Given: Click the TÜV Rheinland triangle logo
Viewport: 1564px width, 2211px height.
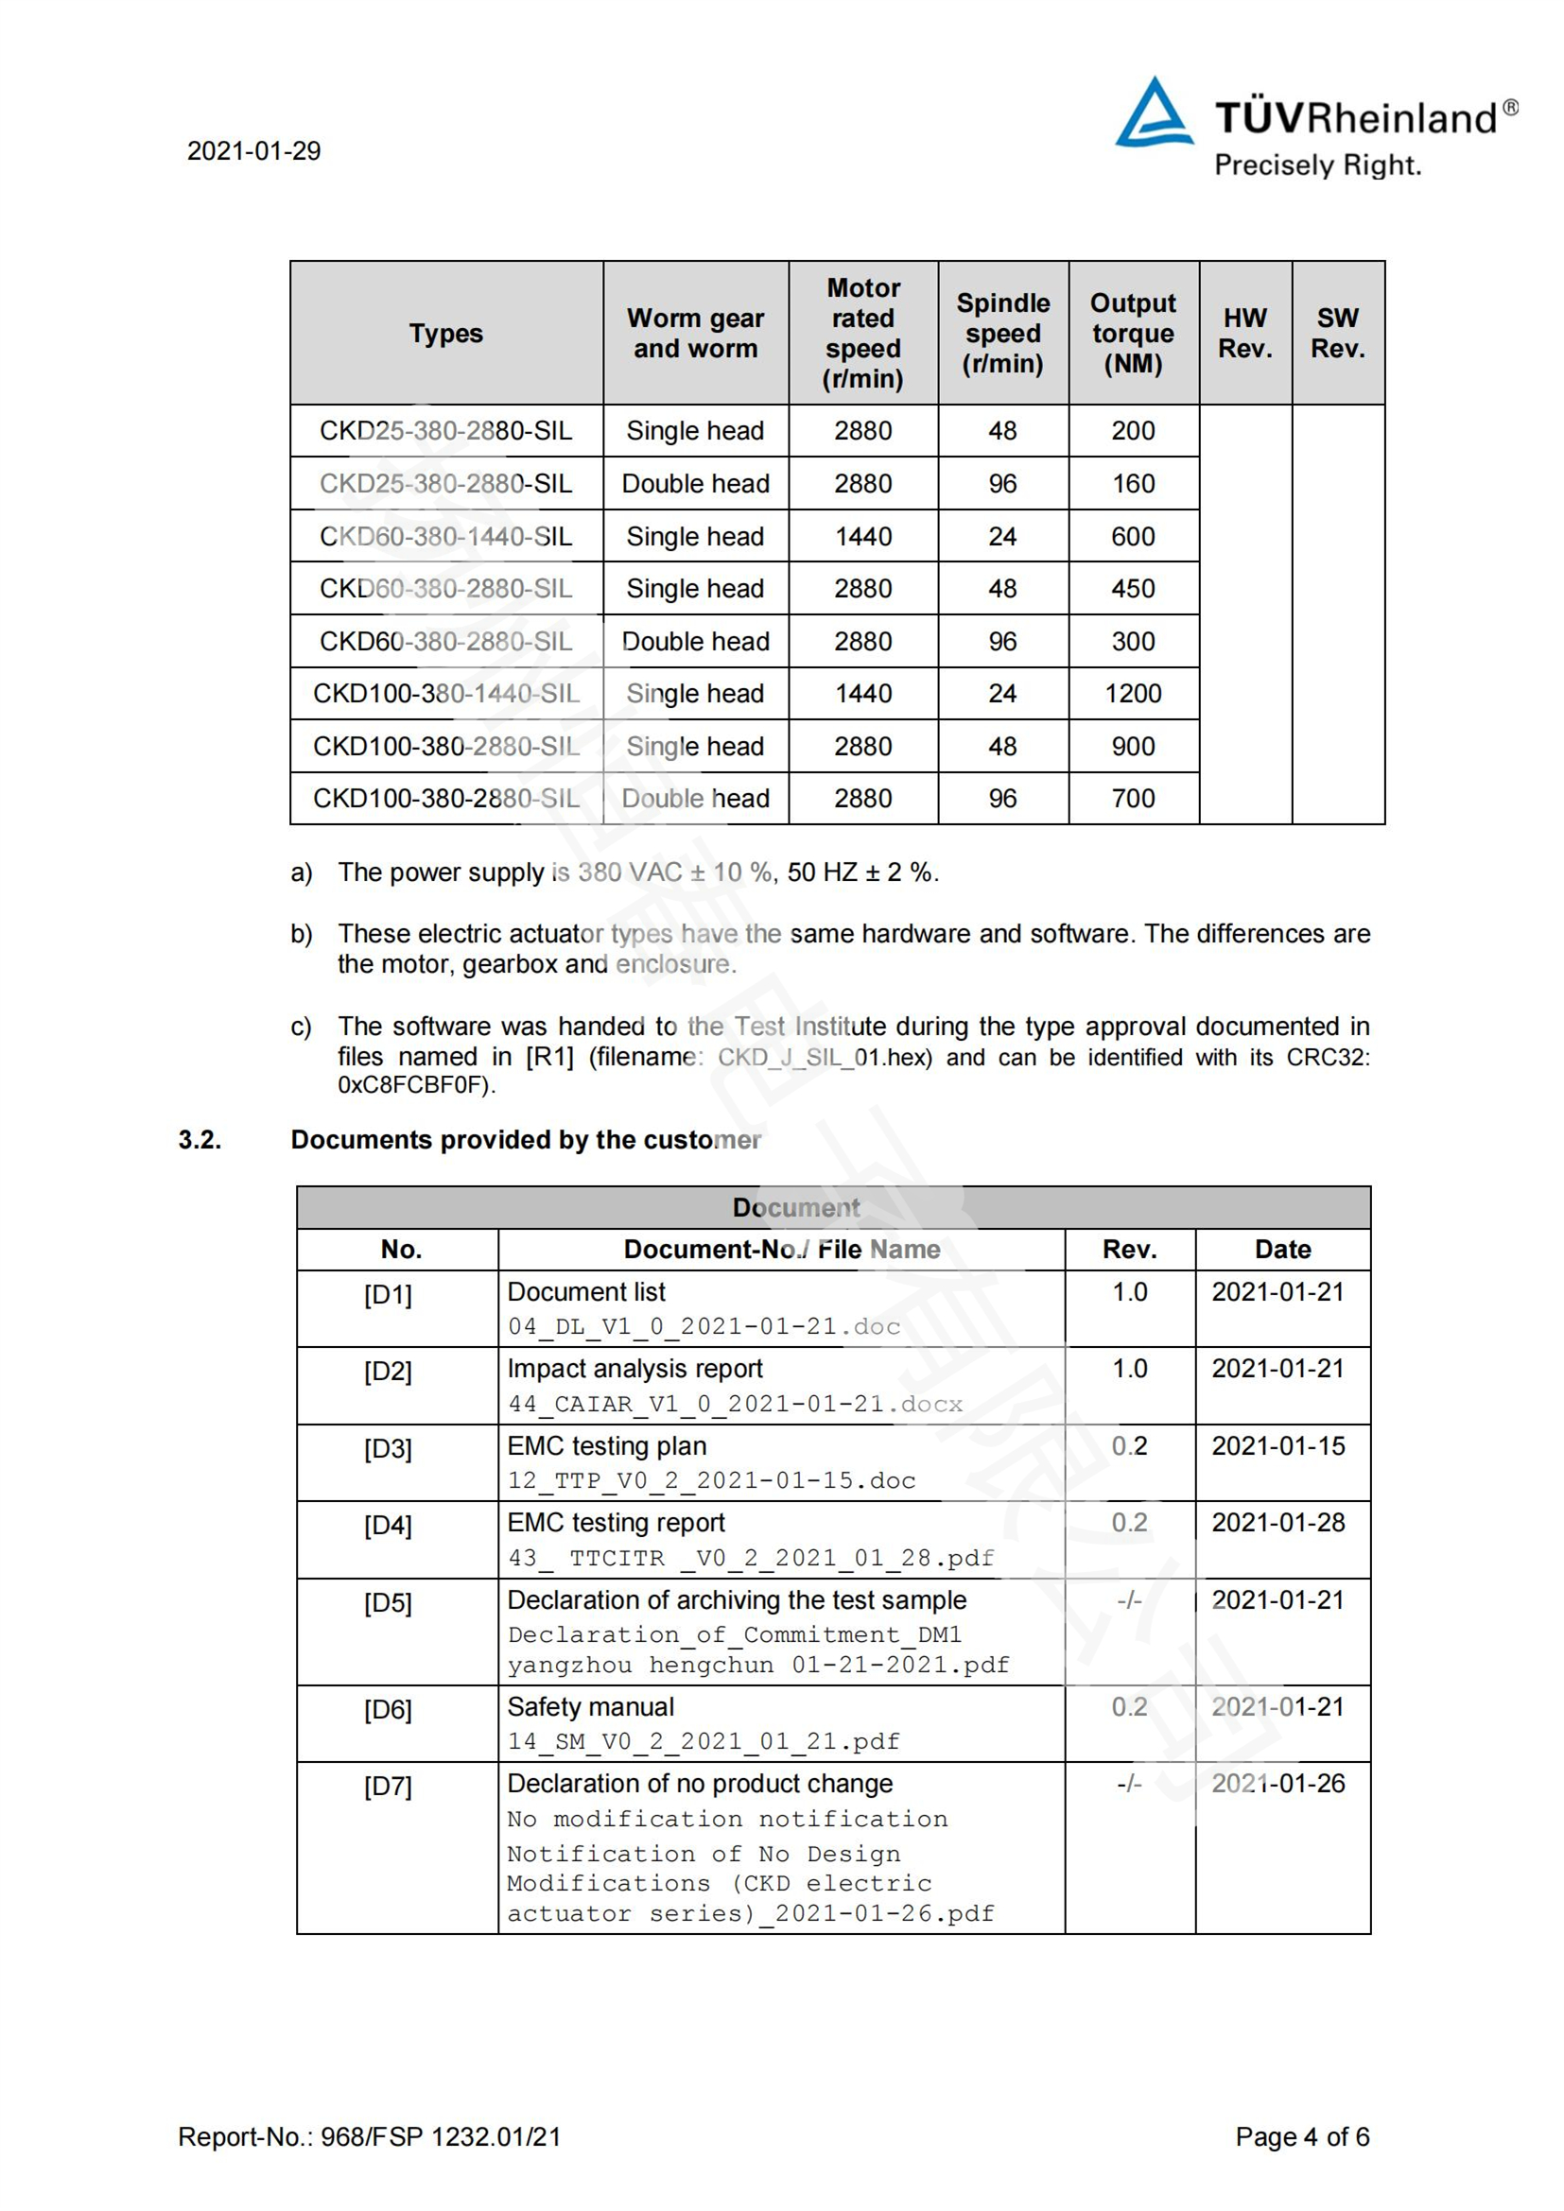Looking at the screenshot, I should click(1153, 113).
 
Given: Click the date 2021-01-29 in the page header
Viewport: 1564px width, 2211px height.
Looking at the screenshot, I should click(253, 151).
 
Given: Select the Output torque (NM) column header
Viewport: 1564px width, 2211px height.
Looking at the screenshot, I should click(1133, 333).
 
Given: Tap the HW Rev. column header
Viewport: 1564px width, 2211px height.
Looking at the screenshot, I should click(1244, 333).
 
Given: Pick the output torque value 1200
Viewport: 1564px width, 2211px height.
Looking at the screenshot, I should click(1133, 693).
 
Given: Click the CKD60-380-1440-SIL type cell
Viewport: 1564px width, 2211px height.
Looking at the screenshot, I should click(446, 536).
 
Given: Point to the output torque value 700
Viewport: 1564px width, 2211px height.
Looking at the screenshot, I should click(1133, 799).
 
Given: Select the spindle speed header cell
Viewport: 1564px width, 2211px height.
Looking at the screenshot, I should click(1002, 333).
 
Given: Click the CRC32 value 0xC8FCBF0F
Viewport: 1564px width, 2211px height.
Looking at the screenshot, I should click(414, 1085).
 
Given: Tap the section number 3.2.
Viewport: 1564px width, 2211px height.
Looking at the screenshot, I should click(200, 1140).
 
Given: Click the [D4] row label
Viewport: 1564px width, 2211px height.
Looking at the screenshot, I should click(387, 1527).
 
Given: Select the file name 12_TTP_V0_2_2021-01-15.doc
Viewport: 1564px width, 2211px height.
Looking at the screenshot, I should click(711, 1480).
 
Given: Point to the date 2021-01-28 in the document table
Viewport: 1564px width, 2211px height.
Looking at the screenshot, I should click(1278, 1523).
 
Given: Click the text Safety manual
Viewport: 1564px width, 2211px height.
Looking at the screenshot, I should click(590, 1707).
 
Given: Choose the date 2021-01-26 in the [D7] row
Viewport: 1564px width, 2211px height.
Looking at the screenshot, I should click(1278, 1784).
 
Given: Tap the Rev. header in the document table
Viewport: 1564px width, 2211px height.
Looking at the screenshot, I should click(1129, 1250).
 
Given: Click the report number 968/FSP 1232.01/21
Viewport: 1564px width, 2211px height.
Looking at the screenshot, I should click(440, 2137).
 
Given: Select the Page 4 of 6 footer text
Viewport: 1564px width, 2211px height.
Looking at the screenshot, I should click(1301, 2137).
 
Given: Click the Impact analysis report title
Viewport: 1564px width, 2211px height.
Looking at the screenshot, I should click(634, 1369).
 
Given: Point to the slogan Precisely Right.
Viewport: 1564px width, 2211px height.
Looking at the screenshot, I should click(1317, 165).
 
